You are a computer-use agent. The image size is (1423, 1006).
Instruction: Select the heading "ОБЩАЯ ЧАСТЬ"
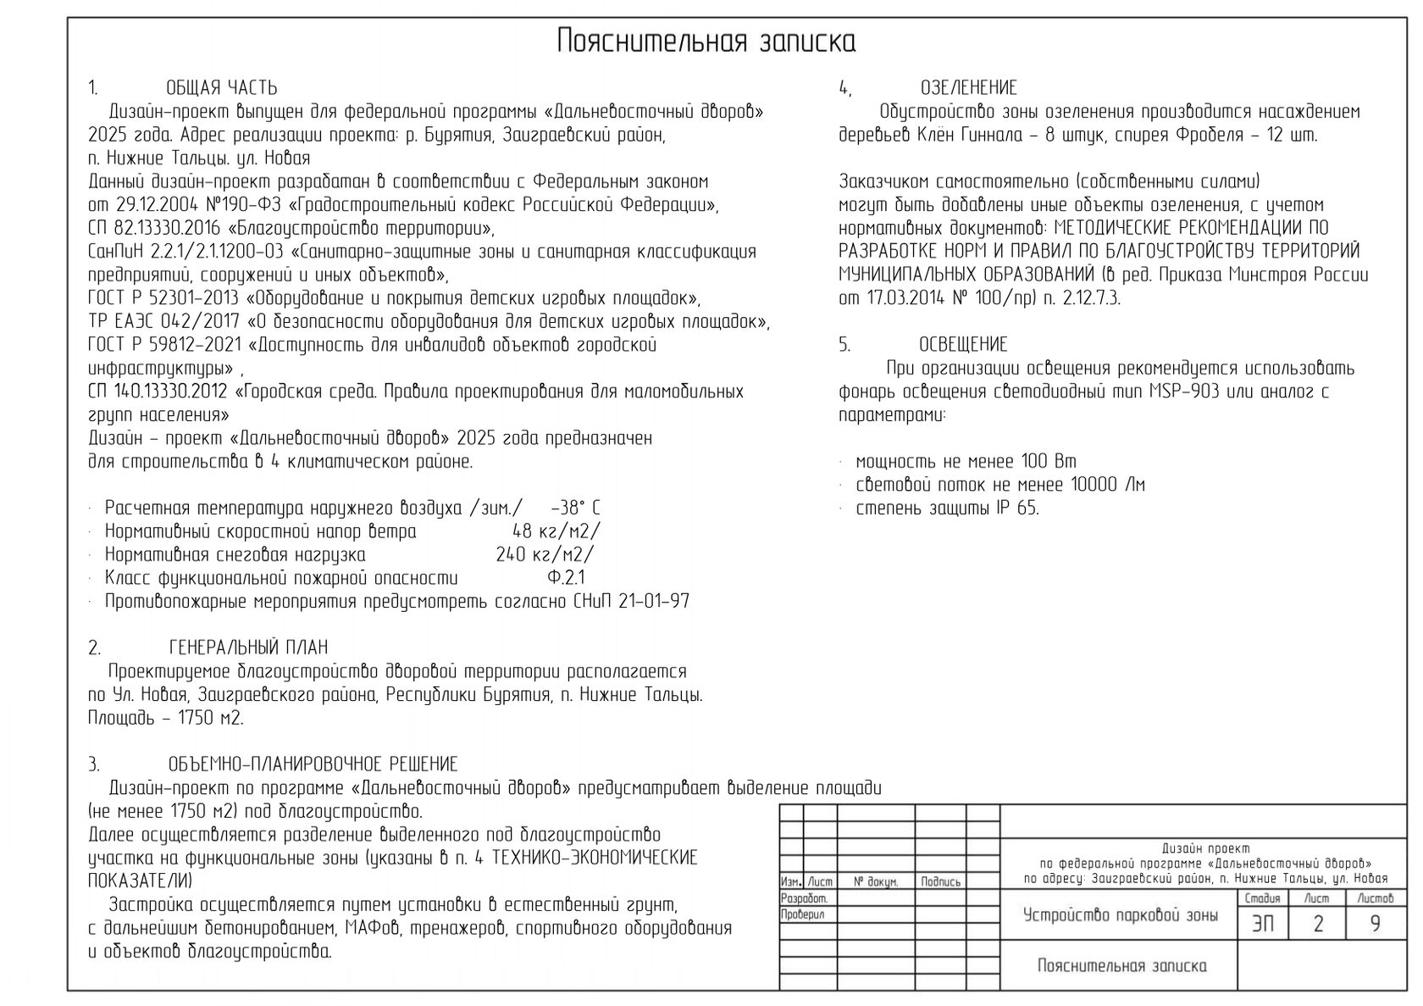(x=221, y=88)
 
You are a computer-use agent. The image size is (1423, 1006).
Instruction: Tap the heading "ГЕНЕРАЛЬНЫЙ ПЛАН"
(x=248, y=648)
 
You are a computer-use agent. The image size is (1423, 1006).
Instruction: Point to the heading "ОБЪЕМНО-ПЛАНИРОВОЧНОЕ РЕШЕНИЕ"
(x=313, y=765)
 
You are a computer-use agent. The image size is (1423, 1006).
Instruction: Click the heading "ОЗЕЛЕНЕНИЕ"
(x=968, y=88)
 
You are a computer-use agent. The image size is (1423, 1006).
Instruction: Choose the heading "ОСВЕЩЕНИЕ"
(x=963, y=345)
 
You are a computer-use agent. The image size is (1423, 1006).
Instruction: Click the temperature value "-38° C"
(x=575, y=509)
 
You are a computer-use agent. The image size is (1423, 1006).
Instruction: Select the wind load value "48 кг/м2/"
(x=556, y=532)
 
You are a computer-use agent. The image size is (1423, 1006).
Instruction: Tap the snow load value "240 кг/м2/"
(x=545, y=555)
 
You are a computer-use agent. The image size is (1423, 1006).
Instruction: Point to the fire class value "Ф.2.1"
(x=566, y=579)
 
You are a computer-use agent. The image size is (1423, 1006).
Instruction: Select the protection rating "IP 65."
(x=1016, y=509)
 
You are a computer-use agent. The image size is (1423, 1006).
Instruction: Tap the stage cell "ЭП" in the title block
(x=1262, y=924)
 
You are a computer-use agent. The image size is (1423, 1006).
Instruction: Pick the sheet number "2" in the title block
(x=1317, y=924)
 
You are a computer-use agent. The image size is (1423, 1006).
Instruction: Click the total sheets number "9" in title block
(x=1375, y=924)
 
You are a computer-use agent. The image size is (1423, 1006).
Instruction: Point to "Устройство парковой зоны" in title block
(x=1120, y=915)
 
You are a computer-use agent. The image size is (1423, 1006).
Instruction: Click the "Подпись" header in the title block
(x=940, y=882)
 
